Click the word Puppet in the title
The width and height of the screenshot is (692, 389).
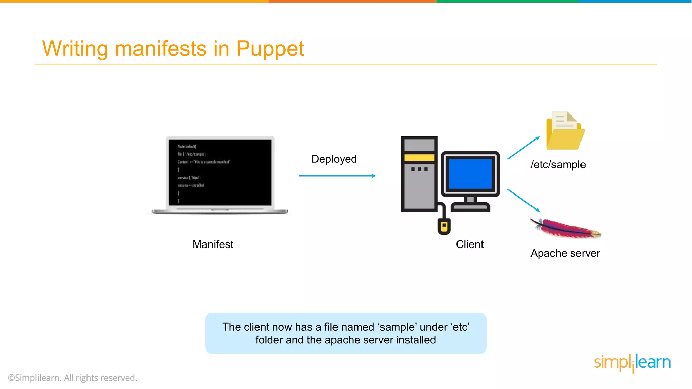pyautogui.click(x=270, y=49)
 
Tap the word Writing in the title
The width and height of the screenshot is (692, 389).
pyautogui.click(x=75, y=49)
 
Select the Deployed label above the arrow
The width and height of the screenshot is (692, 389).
pyautogui.click(x=334, y=159)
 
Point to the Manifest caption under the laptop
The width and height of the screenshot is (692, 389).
pyautogui.click(x=213, y=244)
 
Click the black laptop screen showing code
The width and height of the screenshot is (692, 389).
pyautogui.click(x=220, y=173)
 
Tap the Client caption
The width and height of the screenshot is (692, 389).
pyautogui.click(x=469, y=244)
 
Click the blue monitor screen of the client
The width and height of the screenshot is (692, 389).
pyautogui.click(x=470, y=174)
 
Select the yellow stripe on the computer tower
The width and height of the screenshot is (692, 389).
pyautogui.click(x=419, y=157)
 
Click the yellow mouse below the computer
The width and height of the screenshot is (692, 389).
pyautogui.click(x=444, y=226)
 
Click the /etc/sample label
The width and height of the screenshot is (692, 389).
pyautogui.click(x=558, y=164)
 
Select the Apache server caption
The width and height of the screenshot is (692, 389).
pyautogui.click(x=565, y=253)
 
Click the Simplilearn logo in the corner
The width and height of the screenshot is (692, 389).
pyautogui.click(x=632, y=363)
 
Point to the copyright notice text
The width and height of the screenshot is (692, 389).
pyautogui.click(x=73, y=378)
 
